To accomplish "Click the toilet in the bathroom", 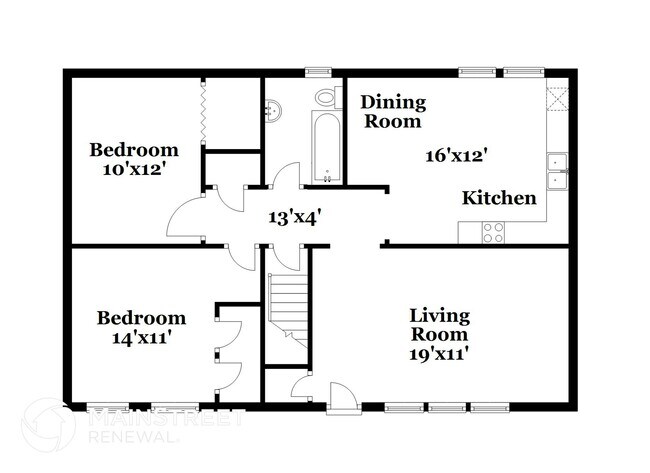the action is pos(328,97).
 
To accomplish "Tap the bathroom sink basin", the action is pos(273,111).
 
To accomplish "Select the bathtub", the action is pos(327,146).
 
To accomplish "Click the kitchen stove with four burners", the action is pos(493,233).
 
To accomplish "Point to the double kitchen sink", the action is pos(557,171).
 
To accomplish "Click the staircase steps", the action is pos(288,310).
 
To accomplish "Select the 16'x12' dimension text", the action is pos(456,156).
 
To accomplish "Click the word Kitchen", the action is pos(499,198).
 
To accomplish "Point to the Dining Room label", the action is pos(393,112).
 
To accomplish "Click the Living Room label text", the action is pos(439,325).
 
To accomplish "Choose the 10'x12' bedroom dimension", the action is pos(132,169).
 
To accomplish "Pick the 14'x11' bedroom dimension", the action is pos(142,338).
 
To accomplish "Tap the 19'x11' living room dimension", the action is pos(439,354).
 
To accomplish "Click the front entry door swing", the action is pos(343,398).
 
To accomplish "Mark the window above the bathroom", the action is pos(318,72).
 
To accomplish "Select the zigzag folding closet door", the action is pos(203,112).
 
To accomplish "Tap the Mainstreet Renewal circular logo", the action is pos(49,425).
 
